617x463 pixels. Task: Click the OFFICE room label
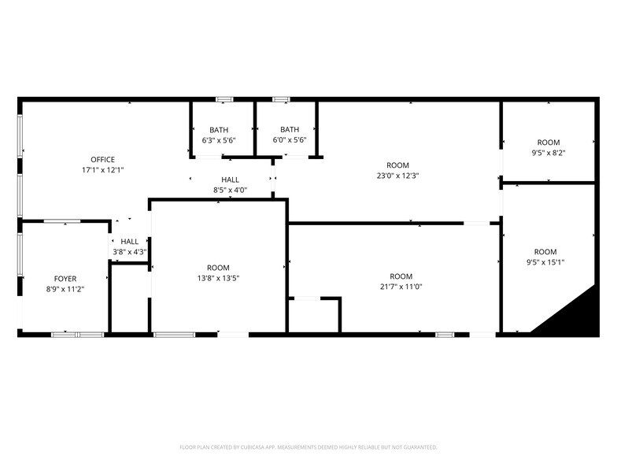pos(102,160)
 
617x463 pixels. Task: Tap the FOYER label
pos(65,279)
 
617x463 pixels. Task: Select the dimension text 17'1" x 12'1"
pos(102,170)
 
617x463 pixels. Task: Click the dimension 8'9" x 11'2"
pos(65,289)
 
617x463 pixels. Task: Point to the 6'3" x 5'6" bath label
pos(219,140)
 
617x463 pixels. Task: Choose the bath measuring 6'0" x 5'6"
pos(290,140)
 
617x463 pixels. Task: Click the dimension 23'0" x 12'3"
pos(397,176)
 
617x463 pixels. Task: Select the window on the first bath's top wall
pos(224,99)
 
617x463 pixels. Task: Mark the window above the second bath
pos(282,99)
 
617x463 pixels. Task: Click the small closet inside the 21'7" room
pos(314,316)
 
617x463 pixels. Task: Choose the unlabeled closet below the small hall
pos(129,299)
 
